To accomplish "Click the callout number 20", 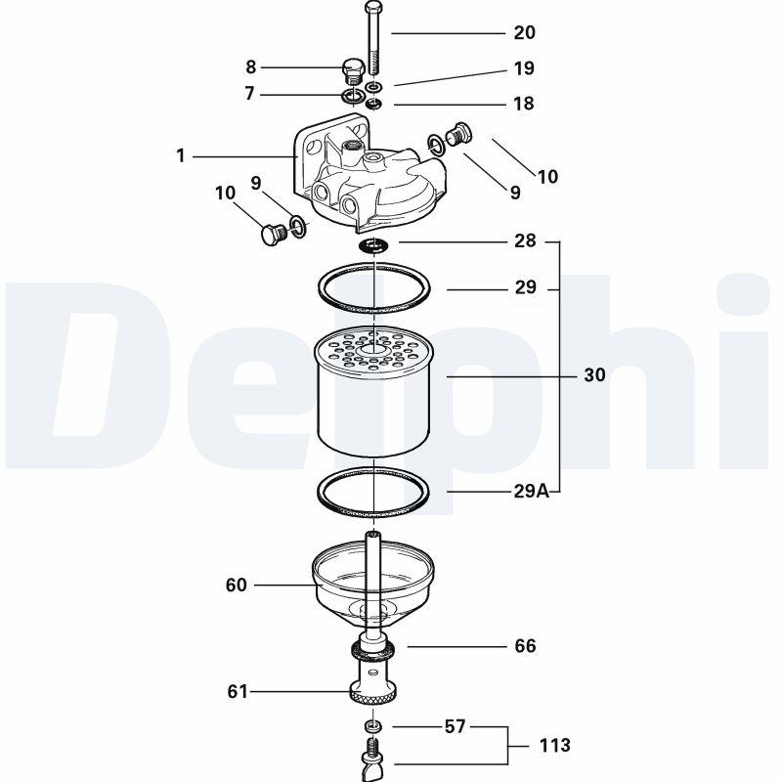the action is point(524,33).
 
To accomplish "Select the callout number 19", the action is point(524,68).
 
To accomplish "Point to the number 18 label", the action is point(524,104).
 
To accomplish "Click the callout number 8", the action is point(251,66).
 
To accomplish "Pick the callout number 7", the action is point(250,93).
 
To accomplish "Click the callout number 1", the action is point(181,156).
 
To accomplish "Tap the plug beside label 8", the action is point(352,72).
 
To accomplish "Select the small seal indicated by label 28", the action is point(373,245).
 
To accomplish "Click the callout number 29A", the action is point(532,492).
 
